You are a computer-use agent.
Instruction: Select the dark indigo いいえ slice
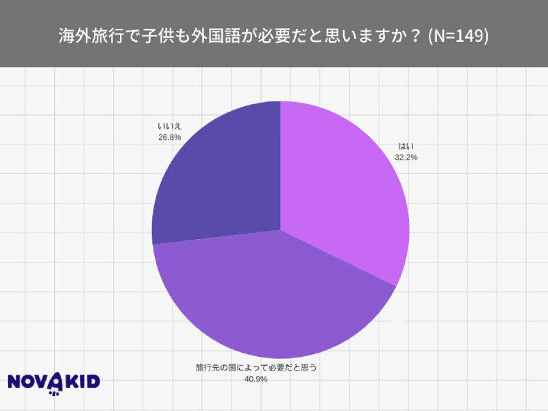pos(219,178)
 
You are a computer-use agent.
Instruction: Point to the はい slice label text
pos(406,147)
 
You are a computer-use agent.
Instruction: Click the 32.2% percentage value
pos(406,157)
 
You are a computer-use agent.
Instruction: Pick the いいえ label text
pos(169,126)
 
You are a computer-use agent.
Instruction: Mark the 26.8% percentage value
pos(169,136)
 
